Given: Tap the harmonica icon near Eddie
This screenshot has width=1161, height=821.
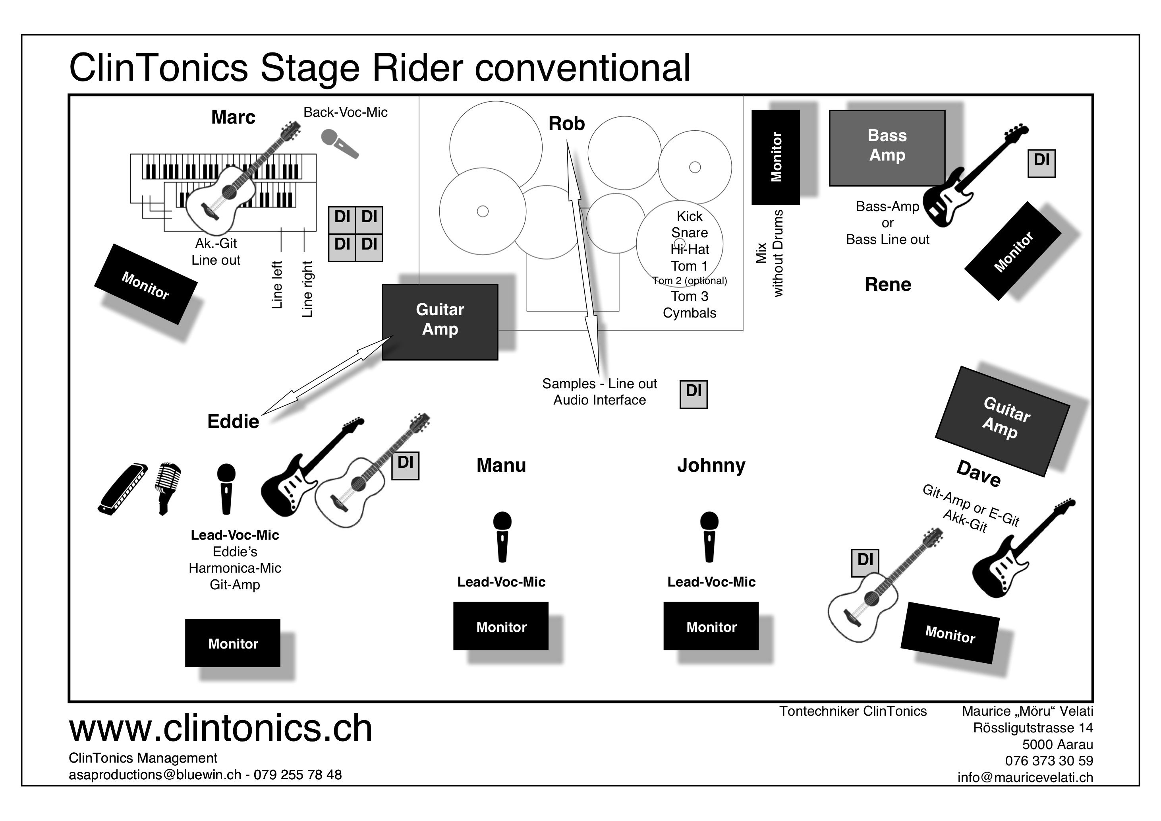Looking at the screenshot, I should coord(123,489).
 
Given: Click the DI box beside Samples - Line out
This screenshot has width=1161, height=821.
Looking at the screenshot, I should coord(693,394).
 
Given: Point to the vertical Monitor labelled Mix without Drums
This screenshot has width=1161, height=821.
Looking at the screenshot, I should coord(775,157).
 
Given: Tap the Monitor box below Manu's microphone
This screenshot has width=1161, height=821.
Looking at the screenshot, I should coord(500,626).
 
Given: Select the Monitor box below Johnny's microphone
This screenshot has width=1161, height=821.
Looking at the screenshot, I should coord(711,626).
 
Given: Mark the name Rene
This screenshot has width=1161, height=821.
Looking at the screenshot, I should coord(887,285).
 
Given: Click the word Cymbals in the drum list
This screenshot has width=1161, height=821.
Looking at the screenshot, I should coord(689,313).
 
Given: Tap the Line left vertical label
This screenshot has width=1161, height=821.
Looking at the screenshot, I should coord(276,285).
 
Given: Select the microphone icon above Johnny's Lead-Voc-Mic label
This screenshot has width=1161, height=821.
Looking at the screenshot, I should coord(709,536).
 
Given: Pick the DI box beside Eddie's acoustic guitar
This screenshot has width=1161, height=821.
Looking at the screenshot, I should coord(405,465).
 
